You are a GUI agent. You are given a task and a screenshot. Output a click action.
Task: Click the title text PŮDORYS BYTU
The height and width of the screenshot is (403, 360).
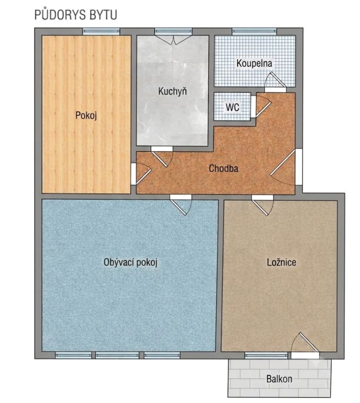click(76, 14)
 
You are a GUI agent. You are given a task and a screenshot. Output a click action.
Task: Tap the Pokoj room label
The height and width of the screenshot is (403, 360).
click(86, 115)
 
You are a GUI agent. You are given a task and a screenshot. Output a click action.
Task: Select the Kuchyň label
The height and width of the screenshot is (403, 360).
click(173, 91)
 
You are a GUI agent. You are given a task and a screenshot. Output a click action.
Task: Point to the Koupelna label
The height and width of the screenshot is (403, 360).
click(254, 63)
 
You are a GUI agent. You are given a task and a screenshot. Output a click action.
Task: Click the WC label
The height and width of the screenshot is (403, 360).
click(232, 107)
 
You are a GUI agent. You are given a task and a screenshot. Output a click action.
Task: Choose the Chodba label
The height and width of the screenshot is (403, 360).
click(224, 168)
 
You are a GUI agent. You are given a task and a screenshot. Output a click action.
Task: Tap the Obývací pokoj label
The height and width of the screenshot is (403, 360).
click(130, 262)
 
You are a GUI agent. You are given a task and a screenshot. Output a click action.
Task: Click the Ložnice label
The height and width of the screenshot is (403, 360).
click(281, 262)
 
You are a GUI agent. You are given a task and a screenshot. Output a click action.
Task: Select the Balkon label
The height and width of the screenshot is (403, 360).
click(279, 379)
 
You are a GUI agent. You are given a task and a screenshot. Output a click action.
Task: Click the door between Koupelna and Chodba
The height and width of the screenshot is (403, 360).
click(275, 82)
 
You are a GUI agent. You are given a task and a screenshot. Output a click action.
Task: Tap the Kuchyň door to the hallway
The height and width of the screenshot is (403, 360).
click(162, 156)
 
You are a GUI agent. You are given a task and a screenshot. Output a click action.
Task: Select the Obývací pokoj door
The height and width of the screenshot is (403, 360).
click(181, 205)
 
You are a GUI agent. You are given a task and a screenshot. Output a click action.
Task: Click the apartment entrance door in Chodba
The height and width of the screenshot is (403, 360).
click(285, 167)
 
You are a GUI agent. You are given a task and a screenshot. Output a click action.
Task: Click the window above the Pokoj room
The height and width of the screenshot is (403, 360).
click(101, 31)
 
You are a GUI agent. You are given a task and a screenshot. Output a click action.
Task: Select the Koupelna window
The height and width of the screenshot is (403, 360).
click(254, 31)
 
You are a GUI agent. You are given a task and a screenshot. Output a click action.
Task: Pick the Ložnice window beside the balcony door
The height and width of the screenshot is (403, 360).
click(266, 355)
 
